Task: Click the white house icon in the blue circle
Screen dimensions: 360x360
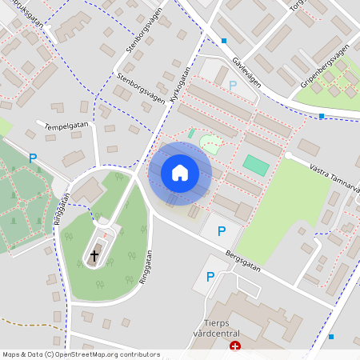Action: tap(180, 173)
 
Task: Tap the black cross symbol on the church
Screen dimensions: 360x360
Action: tap(94, 255)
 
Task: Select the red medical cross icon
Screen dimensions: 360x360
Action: tap(235, 346)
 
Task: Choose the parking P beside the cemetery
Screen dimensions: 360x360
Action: tap(33, 158)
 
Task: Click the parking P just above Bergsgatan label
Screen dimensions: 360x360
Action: tap(222, 231)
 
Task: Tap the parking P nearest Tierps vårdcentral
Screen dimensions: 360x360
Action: tap(210, 277)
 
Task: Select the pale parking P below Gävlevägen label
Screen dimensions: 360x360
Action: tap(233, 85)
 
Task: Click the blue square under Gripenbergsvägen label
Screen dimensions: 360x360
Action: tap(322, 116)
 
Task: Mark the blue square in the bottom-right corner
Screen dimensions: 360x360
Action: tap(331, 337)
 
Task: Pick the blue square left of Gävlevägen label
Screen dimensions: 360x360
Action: tap(224, 41)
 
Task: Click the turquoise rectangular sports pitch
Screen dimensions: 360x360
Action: tap(256, 166)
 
